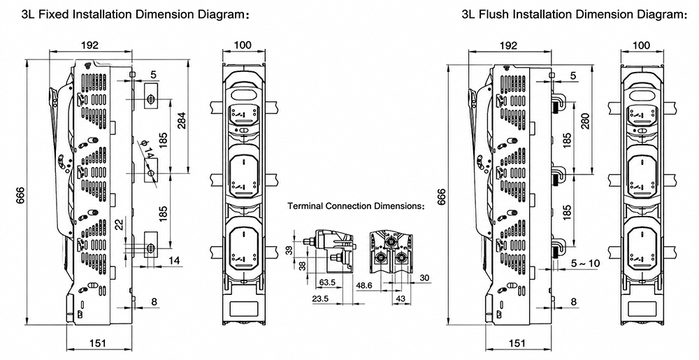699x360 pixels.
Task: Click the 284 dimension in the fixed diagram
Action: pos(182,120)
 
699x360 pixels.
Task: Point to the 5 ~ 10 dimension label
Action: pos(585,264)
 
